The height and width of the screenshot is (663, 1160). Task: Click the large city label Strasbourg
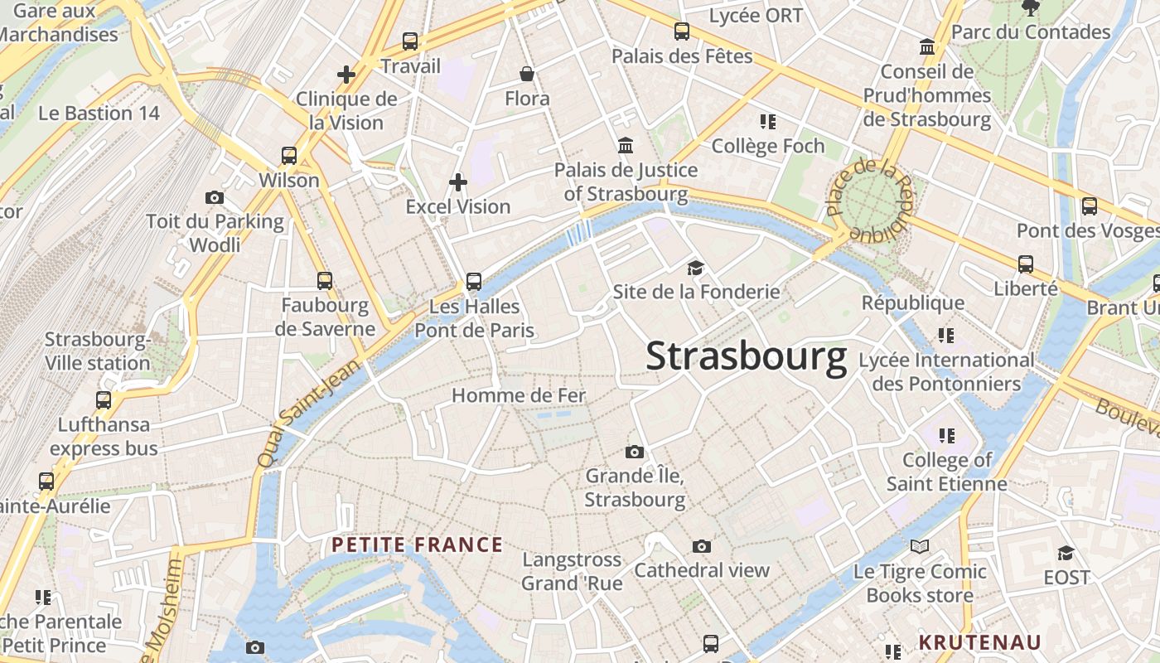pos(746,356)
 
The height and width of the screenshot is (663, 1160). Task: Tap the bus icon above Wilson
pos(289,155)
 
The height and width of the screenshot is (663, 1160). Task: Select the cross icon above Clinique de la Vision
pos(346,75)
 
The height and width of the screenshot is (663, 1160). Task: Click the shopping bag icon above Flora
pos(527,75)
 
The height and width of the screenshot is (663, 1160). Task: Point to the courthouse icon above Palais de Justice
pos(626,146)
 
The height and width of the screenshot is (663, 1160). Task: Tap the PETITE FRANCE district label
pos(418,544)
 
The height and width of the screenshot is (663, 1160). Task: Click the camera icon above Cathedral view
pos(702,546)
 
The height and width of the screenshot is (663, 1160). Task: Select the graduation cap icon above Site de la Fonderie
pos(695,268)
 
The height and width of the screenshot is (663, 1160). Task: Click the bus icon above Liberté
pos(1026,264)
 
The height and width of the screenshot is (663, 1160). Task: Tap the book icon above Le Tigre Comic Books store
pos(920,547)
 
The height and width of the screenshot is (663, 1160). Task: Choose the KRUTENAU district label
pos(979,642)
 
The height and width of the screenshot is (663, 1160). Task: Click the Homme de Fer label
pos(519,396)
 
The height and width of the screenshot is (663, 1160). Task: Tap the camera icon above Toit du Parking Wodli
pos(215,197)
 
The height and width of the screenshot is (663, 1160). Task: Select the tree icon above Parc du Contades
pos(1031,8)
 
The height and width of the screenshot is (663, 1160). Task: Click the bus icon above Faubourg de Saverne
pos(325,281)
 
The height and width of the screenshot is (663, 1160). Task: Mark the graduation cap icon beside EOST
pos(1066,553)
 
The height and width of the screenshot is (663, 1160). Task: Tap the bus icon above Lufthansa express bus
pos(104,400)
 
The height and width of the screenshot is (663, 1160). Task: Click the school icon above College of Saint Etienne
pos(946,435)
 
